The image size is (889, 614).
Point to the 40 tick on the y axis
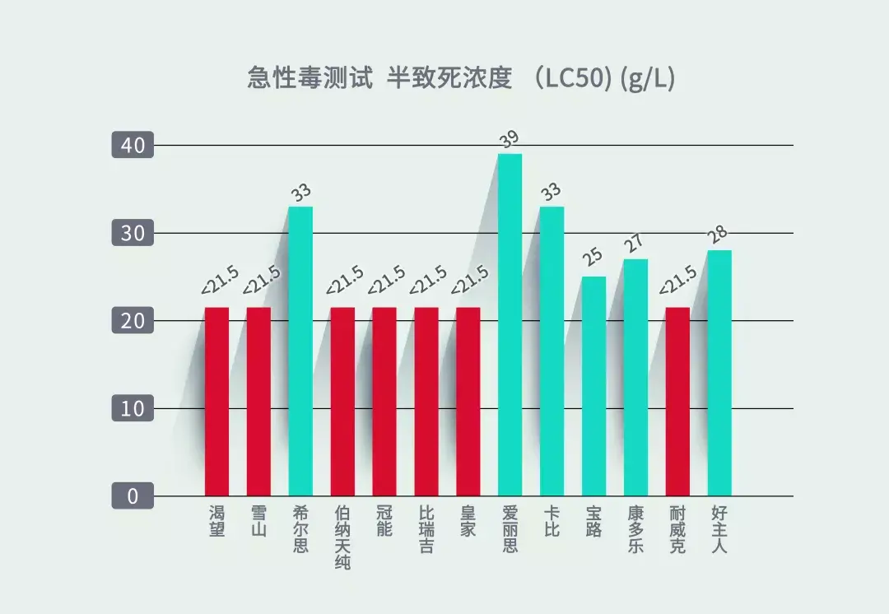(x=133, y=146)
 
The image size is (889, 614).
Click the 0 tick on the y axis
(x=133, y=496)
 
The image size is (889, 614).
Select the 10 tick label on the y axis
(x=133, y=408)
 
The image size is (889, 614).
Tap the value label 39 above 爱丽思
(x=510, y=139)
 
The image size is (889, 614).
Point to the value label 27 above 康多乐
(x=635, y=244)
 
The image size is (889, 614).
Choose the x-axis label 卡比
(x=552, y=521)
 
